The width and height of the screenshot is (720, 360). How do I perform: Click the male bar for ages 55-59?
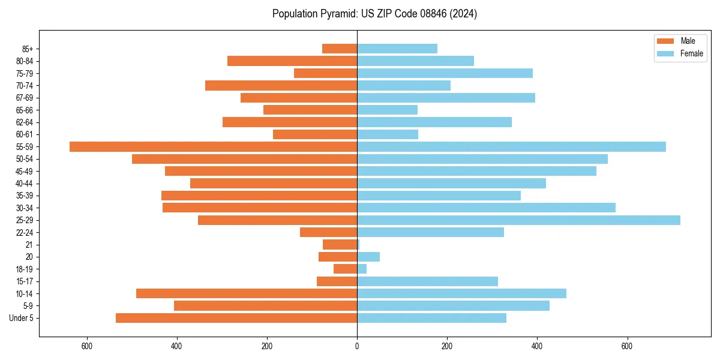[213, 146]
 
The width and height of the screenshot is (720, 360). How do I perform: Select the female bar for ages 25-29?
[518, 220]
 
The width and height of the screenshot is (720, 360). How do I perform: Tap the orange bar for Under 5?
[236, 318]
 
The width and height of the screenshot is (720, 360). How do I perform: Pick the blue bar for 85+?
[397, 49]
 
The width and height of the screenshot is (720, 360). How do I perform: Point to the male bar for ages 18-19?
[345, 269]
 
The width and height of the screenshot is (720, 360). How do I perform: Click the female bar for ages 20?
[368, 257]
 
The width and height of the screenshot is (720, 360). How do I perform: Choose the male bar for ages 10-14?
[247, 293]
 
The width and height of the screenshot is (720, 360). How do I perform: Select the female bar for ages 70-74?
[404, 85]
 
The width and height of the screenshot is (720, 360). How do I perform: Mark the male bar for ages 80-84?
[292, 61]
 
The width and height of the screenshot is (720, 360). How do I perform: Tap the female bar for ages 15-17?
[427, 281]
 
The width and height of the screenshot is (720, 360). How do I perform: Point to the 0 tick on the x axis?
[357, 346]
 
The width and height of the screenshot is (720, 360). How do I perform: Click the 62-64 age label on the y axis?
[25, 122]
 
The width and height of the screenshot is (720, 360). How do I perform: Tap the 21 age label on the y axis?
[29, 245]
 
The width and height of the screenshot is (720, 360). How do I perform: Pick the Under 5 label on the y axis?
[22, 318]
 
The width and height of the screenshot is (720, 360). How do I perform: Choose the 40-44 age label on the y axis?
[25, 184]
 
